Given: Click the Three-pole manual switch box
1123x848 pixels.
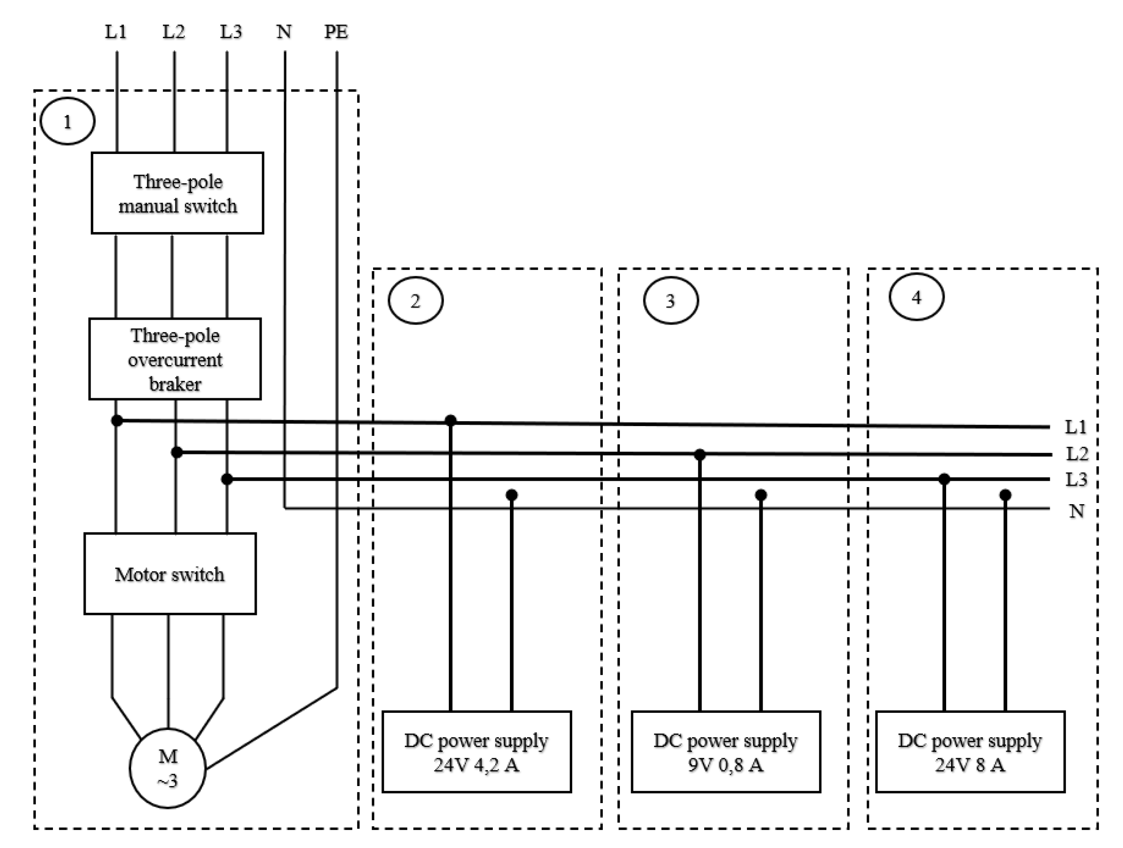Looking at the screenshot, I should tap(177, 193).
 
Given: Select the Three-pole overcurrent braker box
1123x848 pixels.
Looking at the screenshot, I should tap(175, 359).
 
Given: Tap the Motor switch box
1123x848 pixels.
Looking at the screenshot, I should tap(170, 574).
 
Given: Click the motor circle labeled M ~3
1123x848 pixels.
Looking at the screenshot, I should tap(167, 768).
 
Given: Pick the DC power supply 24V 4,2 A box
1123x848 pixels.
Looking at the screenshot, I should tap(476, 752).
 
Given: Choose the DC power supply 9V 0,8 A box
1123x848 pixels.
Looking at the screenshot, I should tap(725, 752).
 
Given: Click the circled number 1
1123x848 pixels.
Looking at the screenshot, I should tap(67, 121).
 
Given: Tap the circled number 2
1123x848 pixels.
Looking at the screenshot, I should tap(415, 301).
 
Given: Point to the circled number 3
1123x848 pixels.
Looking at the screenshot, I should tap(670, 301).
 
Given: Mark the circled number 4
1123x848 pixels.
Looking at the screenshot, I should tap(916, 297).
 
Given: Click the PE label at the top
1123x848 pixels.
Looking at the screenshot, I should tap(336, 32).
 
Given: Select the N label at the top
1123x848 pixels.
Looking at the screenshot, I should tap(284, 32).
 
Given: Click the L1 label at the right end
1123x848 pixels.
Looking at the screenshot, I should tap(1075, 427).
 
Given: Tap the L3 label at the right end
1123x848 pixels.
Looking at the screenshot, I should tap(1076, 479).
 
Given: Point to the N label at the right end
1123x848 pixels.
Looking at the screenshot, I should tap(1076, 511).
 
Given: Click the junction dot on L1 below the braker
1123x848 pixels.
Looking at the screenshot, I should tap(117, 421).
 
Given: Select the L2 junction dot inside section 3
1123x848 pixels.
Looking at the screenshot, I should tap(700, 454).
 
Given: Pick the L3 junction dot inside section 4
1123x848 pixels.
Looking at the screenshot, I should tap(944, 479).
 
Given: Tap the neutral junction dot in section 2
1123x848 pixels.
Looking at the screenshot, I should tap(511, 495).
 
